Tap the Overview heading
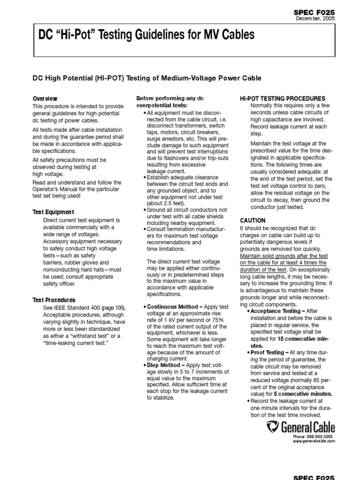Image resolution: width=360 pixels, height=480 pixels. pyautogui.click(x=45, y=98)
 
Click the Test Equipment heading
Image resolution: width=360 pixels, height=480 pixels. pyautogui.click(x=53, y=212)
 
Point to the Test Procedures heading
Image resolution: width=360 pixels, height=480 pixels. pyautogui.click(x=54, y=300)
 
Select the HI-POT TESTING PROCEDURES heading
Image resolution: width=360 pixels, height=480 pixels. pyautogui.click(x=282, y=98)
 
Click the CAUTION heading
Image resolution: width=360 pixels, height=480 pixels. pyautogui.click(x=253, y=220)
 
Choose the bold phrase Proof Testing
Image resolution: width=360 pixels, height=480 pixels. pyautogui.click(x=267, y=352)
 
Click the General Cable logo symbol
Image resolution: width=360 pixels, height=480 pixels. pyautogui.click(x=273, y=427)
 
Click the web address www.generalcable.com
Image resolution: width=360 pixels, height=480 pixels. pyautogui.click(x=314, y=441)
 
